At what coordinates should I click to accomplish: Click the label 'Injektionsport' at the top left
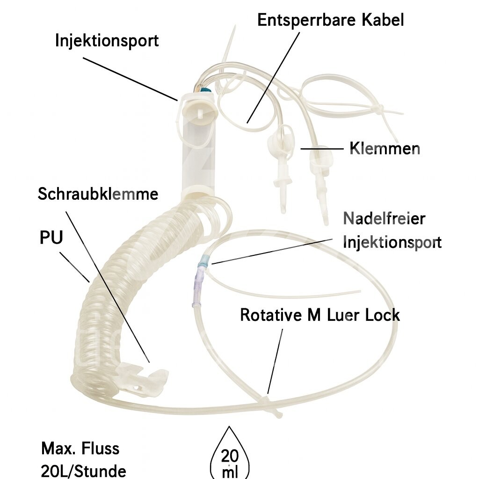pyautogui.click(x=107, y=40)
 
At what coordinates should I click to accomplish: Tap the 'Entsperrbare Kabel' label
pyautogui.click(x=330, y=20)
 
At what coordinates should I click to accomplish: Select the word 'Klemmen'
pyautogui.click(x=385, y=149)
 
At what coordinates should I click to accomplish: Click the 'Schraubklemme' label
pyautogui.click(x=98, y=194)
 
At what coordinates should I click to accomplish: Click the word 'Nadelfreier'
pyautogui.click(x=384, y=218)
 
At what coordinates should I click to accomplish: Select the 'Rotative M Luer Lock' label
pyautogui.click(x=320, y=315)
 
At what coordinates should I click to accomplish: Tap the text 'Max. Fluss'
pyautogui.click(x=80, y=449)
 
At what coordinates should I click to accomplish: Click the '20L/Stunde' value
pyautogui.click(x=83, y=470)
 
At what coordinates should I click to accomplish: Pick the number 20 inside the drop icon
pyautogui.click(x=229, y=455)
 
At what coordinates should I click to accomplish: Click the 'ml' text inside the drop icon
pyautogui.click(x=229, y=471)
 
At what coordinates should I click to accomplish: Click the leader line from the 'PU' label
pyautogui.click(x=75, y=268)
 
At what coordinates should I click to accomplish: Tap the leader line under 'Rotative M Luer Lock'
pyautogui.click(x=275, y=360)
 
